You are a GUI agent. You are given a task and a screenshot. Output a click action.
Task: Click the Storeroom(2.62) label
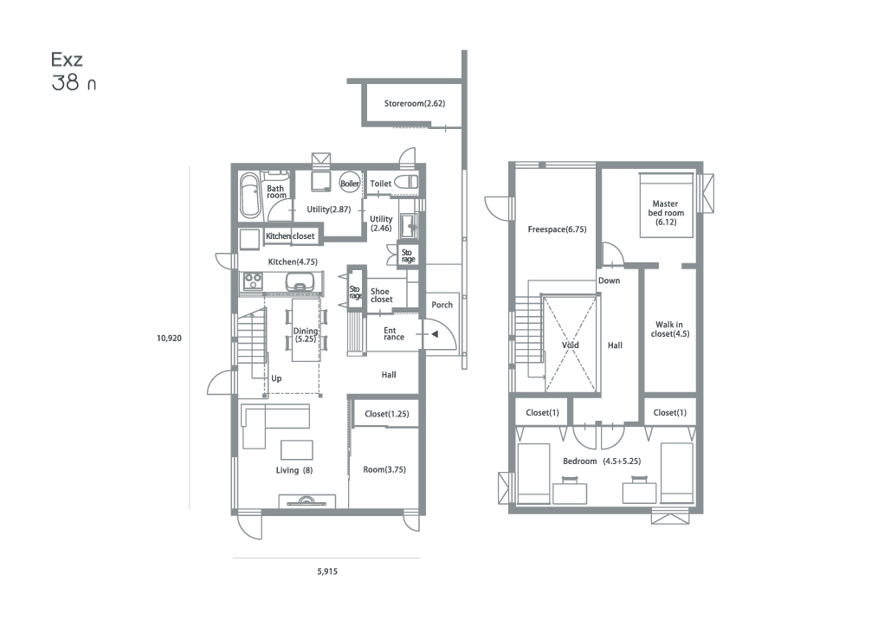tap(415, 103)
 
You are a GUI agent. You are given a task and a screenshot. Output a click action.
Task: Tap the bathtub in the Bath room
tap(250, 196)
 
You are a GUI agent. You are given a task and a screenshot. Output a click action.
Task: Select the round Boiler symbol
tap(350, 183)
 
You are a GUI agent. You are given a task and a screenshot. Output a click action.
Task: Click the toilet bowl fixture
tap(406, 182)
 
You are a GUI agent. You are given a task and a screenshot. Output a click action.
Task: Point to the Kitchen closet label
tap(290, 236)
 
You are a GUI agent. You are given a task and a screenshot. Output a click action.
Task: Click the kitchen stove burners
tap(253, 281)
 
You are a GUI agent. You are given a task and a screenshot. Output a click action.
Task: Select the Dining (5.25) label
tap(305, 335)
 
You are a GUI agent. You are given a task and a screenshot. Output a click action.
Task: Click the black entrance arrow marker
tap(435, 334)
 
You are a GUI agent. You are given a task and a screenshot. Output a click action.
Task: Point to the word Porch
tap(442, 305)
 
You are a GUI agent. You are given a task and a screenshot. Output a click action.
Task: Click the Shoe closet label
tap(381, 295)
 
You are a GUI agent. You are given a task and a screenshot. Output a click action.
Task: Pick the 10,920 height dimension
tap(169, 339)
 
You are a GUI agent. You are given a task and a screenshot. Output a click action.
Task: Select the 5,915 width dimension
tap(327, 571)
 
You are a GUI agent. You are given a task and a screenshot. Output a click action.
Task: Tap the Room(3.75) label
tap(384, 469)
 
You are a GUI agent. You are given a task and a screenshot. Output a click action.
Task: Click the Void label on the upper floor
tap(570, 345)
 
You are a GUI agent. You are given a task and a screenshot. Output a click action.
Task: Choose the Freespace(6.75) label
tap(557, 229)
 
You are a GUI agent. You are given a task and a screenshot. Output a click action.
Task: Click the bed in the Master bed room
tap(666, 205)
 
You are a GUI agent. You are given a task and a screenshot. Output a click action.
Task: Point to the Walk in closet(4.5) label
tap(670, 329)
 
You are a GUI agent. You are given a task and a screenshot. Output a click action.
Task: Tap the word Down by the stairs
tap(609, 281)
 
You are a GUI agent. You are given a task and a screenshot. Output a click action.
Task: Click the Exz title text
tap(67, 59)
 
